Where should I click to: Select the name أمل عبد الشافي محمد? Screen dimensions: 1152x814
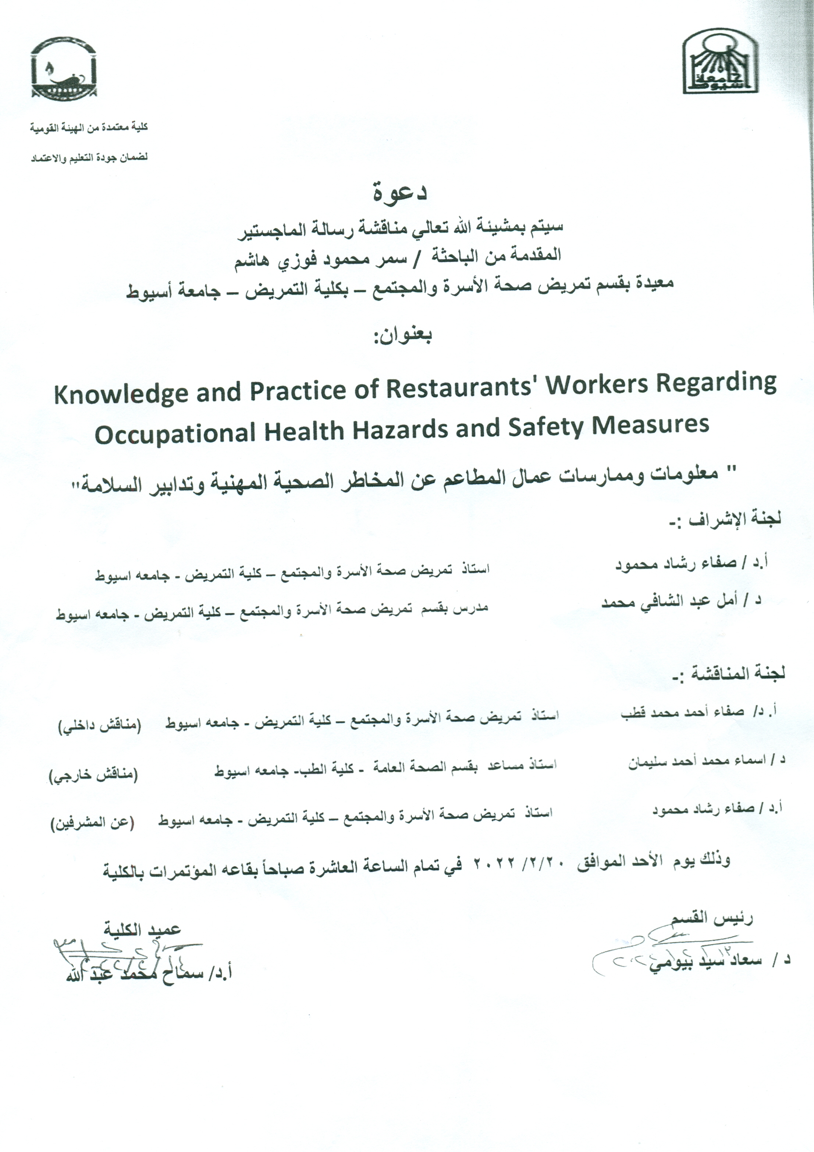(672, 602)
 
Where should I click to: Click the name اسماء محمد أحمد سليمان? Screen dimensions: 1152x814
(697, 762)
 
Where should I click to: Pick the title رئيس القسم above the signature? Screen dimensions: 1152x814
(712, 918)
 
